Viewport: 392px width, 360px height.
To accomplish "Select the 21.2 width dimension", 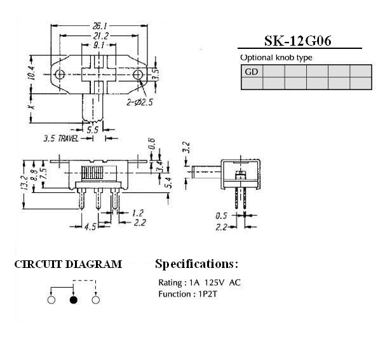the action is pyautogui.click(x=100, y=36).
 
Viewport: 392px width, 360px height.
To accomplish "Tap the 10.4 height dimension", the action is pyautogui.click(x=32, y=73).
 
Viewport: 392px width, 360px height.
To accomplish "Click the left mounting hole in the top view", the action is pyautogui.click(x=60, y=74).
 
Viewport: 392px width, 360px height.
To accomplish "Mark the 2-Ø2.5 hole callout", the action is pyautogui.click(x=140, y=102).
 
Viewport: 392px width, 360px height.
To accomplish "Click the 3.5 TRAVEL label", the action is pyautogui.click(x=61, y=138).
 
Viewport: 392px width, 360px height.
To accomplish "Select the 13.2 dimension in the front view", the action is pyautogui.click(x=24, y=183).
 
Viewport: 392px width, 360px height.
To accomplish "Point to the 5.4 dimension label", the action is pyautogui.click(x=169, y=183).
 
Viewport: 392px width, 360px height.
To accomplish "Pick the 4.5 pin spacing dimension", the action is pyautogui.click(x=90, y=227).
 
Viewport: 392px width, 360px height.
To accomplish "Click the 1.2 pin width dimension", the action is pyautogui.click(x=137, y=213).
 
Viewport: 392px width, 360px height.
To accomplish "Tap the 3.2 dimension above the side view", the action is pyautogui.click(x=187, y=147).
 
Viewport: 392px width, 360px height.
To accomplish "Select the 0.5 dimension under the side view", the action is pyautogui.click(x=221, y=215).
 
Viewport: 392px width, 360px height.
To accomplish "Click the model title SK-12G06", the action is pyautogui.click(x=298, y=41).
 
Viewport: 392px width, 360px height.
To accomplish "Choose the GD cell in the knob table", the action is pyautogui.click(x=252, y=71).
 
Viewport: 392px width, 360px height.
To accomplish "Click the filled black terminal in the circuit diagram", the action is pyautogui.click(x=74, y=300).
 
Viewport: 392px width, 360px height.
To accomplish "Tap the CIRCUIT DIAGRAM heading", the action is pyautogui.click(x=68, y=264).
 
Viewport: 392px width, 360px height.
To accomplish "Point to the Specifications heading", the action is pyautogui.click(x=196, y=264).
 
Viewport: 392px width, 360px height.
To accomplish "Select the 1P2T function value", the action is pyautogui.click(x=208, y=294).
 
